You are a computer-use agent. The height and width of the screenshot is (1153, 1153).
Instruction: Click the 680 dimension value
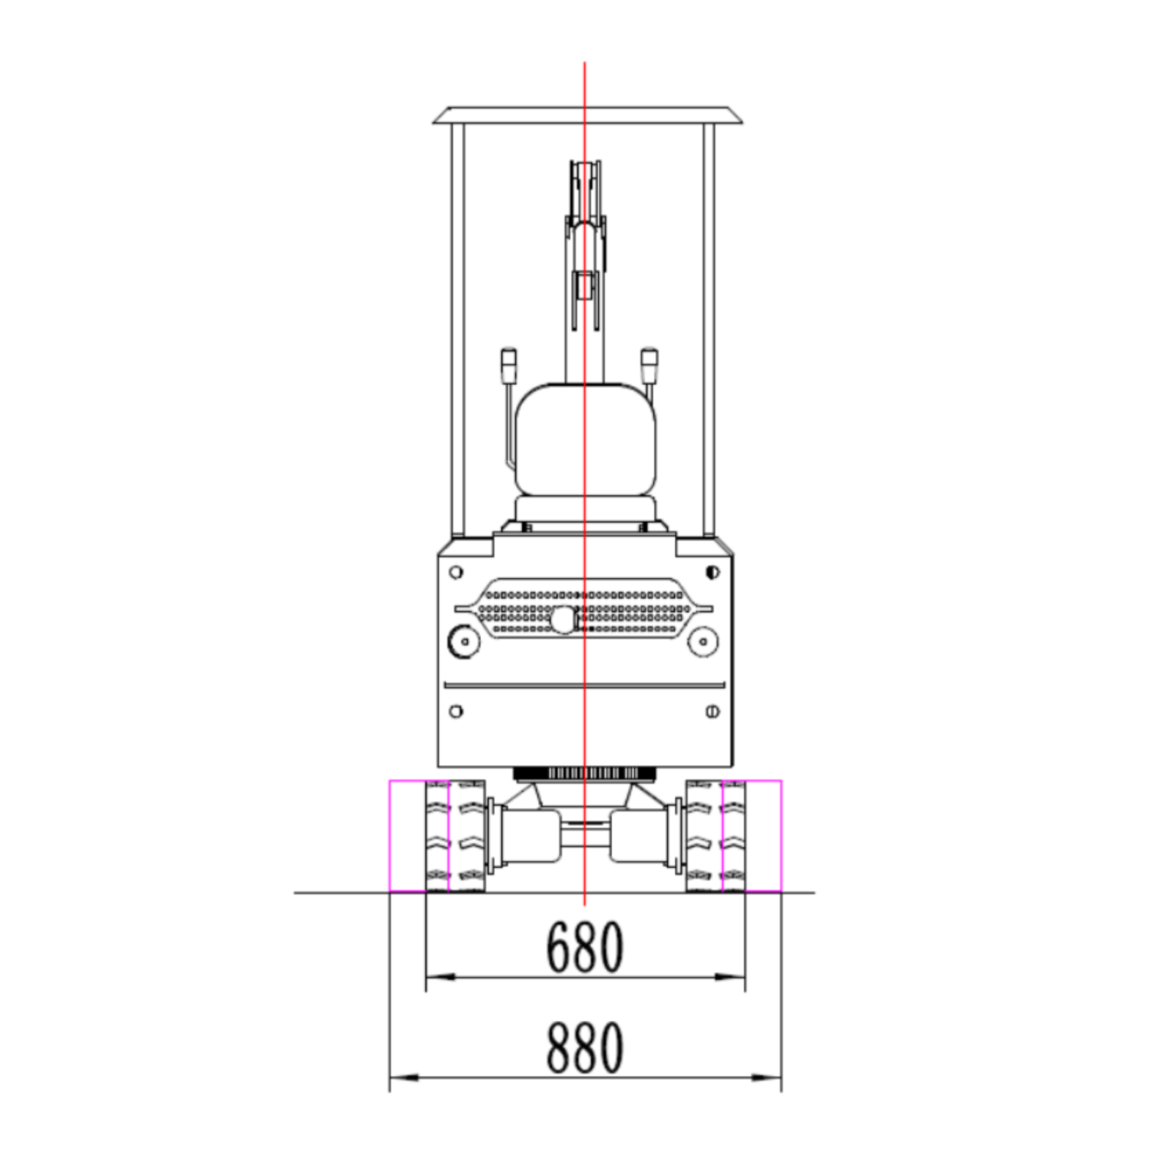click(584, 946)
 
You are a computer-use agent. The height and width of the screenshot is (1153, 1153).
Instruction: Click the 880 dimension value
click(584, 1047)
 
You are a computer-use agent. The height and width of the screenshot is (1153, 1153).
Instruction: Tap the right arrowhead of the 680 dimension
click(730, 977)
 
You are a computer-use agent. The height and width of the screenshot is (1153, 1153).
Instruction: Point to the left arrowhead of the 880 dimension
click(404, 1078)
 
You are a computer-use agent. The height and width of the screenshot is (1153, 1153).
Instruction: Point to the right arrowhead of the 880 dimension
click(766, 1078)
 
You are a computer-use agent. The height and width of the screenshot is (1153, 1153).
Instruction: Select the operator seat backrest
click(586, 440)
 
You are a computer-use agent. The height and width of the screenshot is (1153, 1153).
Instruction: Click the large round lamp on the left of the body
click(464, 642)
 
